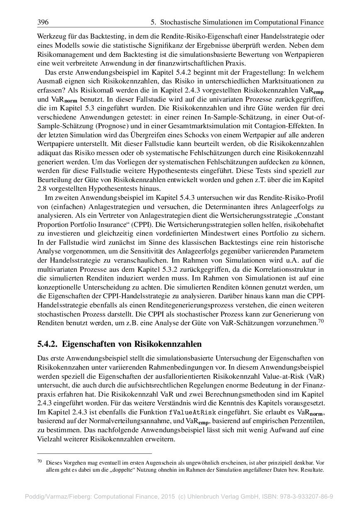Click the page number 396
coord(43,22)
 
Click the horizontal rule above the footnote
coord(95,453)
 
